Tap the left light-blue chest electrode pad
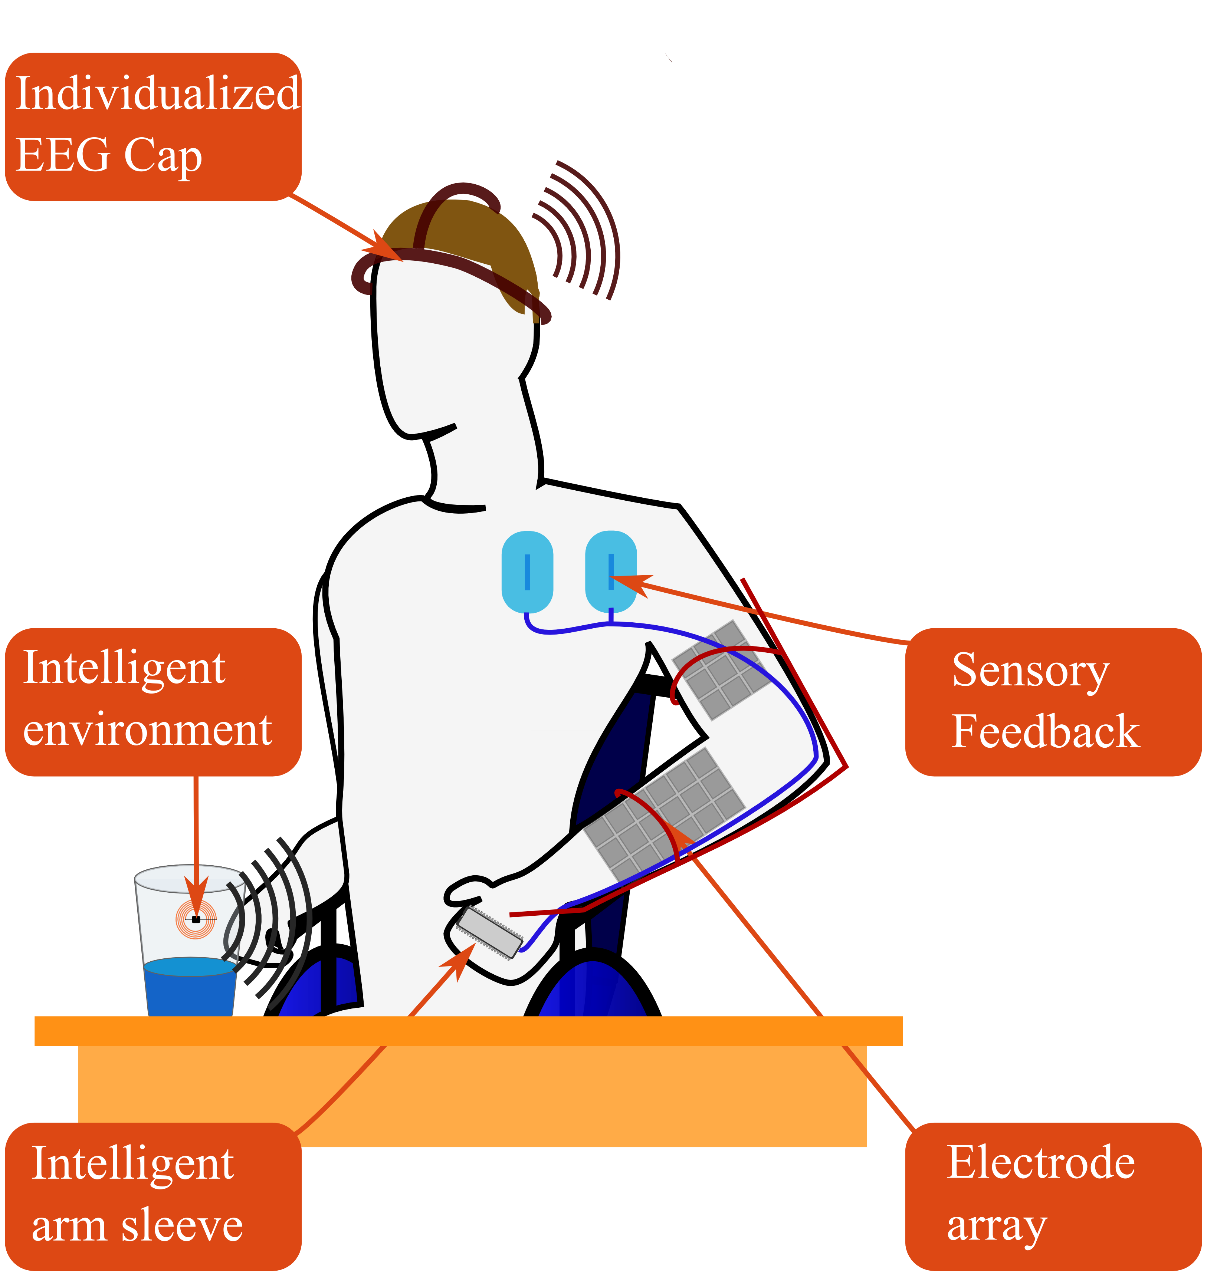[527, 571]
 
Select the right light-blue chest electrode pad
[611, 571]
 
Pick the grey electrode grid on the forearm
[666, 814]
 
